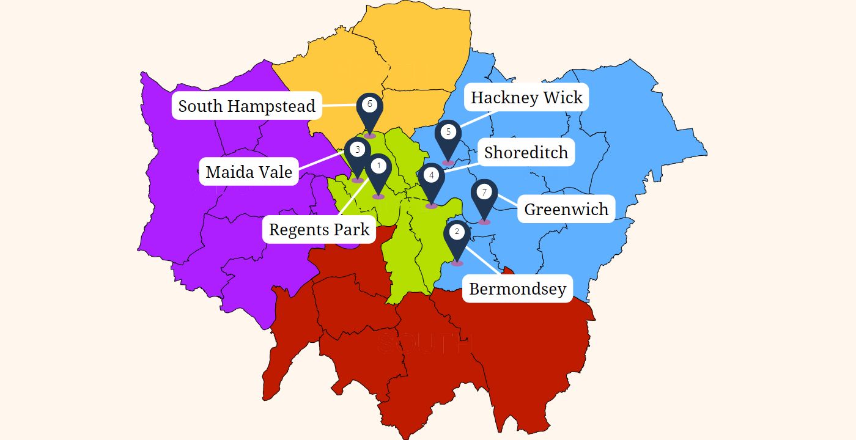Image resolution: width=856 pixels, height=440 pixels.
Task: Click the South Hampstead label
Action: (246, 106)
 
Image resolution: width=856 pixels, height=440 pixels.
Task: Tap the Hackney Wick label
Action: (526, 97)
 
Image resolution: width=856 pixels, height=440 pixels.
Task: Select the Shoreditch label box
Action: (526, 152)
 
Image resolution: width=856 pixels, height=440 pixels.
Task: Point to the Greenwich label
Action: (566, 209)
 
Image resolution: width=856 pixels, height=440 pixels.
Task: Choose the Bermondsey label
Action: (517, 288)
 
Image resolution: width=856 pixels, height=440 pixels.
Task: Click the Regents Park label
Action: (319, 230)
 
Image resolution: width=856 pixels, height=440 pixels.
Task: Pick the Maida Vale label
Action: (249, 172)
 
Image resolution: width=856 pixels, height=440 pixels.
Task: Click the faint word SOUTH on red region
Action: (426, 343)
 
